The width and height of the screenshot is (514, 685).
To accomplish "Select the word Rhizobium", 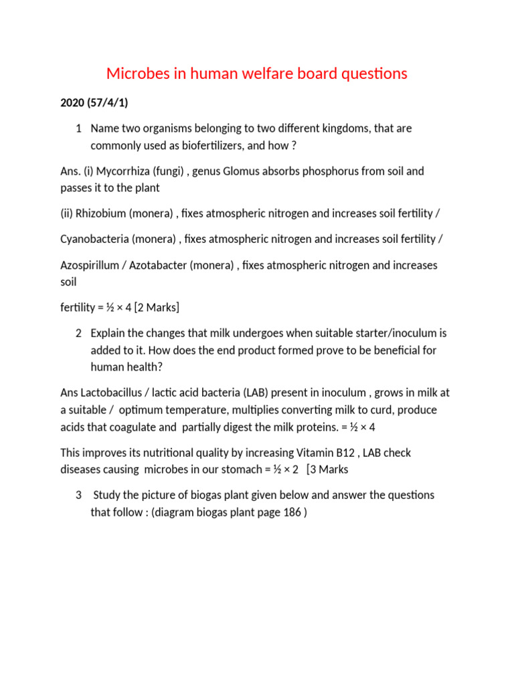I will tap(100, 213).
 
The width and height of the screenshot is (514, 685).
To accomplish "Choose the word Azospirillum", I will tap(92, 265).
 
